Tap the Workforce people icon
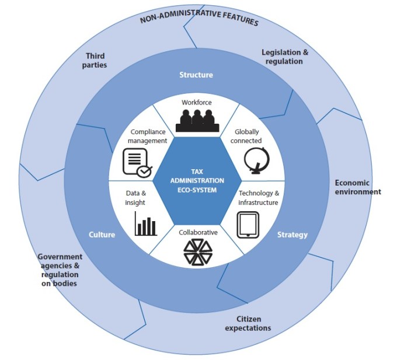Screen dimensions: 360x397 (x=196, y=120)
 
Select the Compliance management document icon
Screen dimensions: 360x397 (x=137, y=162)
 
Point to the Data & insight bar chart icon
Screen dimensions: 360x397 (x=145, y=225)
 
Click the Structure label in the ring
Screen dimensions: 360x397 (x=196, y=75)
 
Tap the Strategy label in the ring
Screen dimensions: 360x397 (x=292, y=235)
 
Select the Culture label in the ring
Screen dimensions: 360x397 (x=102, y=235)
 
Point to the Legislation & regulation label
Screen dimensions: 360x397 (x=285, y=57)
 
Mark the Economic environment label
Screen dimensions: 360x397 (x=357, y=187)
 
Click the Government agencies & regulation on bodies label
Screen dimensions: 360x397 (x=60, y=270)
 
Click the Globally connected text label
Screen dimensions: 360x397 (x=247, y=137)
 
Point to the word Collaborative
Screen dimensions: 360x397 (x=197, y=232)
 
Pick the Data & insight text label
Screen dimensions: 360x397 (x=135, y=197)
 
